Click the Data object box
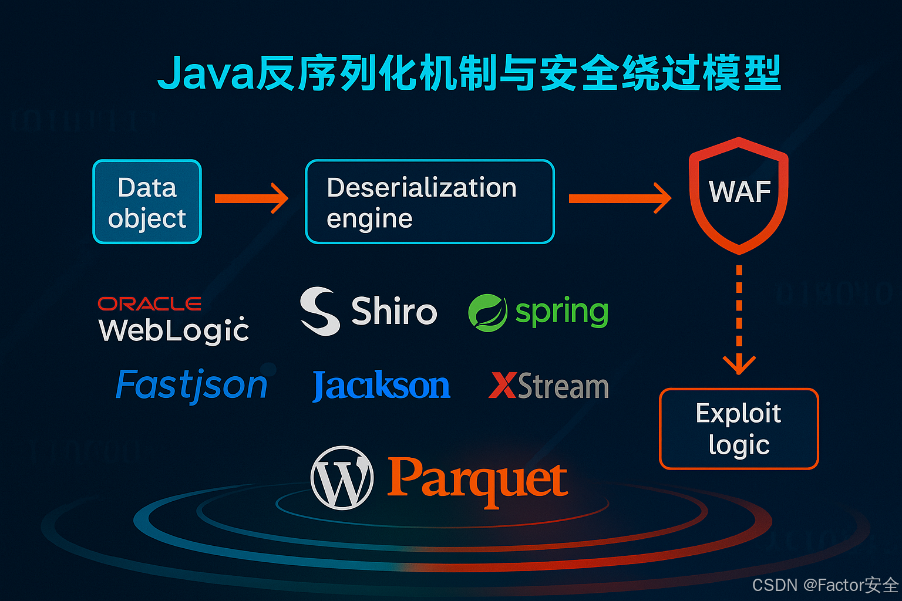[x=147, y=202]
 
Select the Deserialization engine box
[x=429, y=202]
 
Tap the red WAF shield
[x=739, y=194]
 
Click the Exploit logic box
[x=739, y=429]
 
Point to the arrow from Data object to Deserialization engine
[x=251, y=198]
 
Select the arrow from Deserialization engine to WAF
[x=620, y=198]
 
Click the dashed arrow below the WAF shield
[x=739, y=320]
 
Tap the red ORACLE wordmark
[x=149, y=303]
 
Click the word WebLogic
[x=174, y=330]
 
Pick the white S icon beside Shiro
[x=319, y=311]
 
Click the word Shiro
[x=394, y=311]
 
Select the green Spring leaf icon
[x=487, y=313]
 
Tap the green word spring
[x=561, y=312]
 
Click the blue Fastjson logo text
[x=191, y=386]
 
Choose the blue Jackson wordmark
[x=381, y=386]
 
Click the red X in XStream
[x=502, y=386]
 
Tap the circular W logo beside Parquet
[x=342, y=478]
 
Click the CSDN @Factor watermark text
[x=825, y=585]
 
